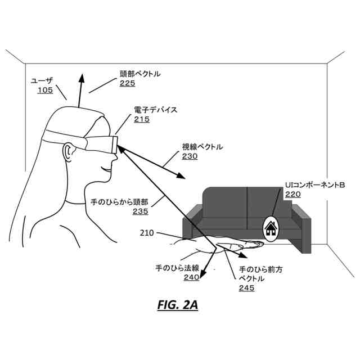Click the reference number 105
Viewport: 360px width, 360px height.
(x=45, y=91)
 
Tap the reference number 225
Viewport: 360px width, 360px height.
(x=127, y=83)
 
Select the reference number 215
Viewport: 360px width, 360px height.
(x=141, y=119)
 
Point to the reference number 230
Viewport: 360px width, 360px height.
(x=190, y=156)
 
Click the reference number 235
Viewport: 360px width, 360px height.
(x=140, y=211)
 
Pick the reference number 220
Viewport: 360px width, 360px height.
(x=292, y=194)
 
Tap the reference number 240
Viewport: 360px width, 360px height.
(x=191, y=277)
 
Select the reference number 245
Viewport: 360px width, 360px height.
(x=246, y=288)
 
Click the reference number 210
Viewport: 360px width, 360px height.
(x=147, y=232)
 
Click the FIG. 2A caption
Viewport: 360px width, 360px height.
(x=177, y=306)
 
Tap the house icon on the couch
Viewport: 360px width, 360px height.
(x=271, y=228)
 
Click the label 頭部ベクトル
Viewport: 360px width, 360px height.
(x=140, y=74)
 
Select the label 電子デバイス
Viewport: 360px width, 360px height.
(x=155, y=110)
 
